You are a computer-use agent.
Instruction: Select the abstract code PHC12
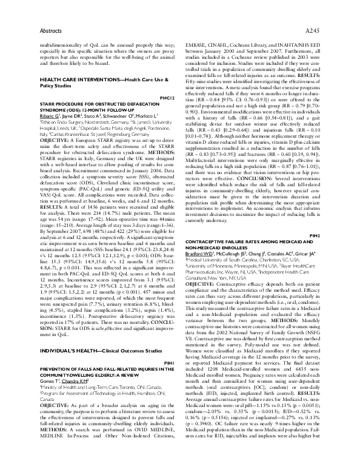[x=167, y=97]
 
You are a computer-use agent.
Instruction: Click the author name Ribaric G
[x=52, y=115]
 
